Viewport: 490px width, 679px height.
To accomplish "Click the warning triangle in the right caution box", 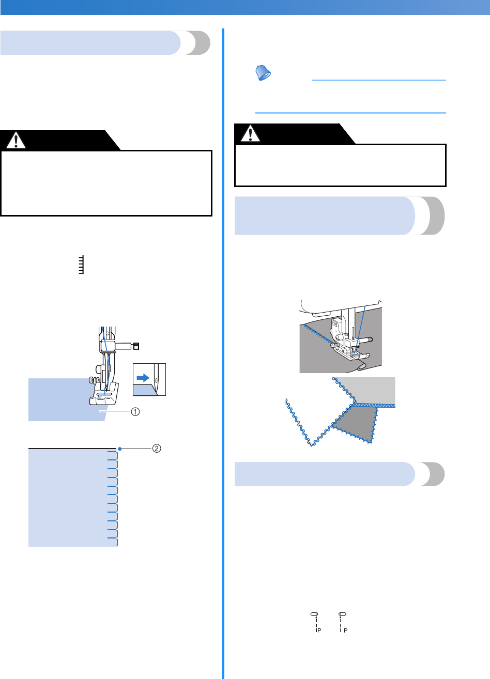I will coord(251,133).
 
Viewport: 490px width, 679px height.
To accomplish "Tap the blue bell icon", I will coord(264,74).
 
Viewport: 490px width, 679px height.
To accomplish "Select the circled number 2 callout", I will coord(156,449).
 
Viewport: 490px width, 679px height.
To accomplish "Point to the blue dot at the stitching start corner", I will coord(119,449).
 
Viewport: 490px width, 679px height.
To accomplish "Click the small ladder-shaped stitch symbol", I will coord(81,266).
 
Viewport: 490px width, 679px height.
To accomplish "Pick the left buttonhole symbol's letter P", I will coord(319,631).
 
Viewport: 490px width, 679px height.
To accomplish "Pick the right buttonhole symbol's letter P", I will coord(345,631).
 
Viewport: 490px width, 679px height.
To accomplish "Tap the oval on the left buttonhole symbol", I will coord(313,613).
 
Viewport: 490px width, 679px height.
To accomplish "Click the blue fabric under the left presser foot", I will coord(57,398).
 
